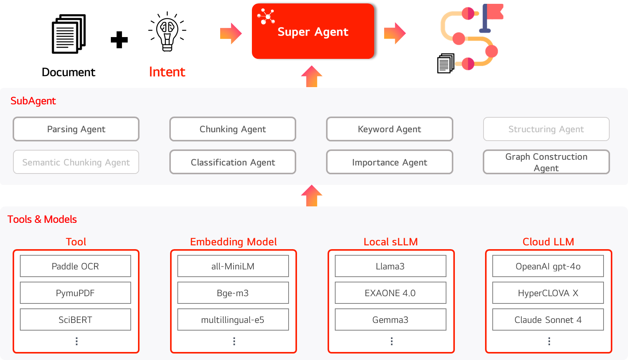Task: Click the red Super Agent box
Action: (x=313, y=31)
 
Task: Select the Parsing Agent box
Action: (x=76, y=129)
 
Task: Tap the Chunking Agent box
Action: (x=233, y=129)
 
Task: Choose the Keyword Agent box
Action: (x=389, y=129)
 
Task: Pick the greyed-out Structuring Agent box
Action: (x=546, y=129)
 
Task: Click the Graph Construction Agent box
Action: (x=546, y=162)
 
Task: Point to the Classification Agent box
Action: (x=233, y=162)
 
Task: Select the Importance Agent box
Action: (x=389, y=162)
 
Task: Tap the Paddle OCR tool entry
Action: (x=75, y=266)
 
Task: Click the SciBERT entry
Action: (x=75, y=319)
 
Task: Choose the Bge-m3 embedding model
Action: (x=233, y=293)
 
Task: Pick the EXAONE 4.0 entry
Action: (x=390, y=293)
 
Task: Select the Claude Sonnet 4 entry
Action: (x=548, y=319)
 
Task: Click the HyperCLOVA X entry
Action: (x=548, y=293)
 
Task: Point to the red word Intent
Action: (x=167, y=72)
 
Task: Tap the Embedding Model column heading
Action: (x=233, y=242)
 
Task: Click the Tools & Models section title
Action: (x=42, y=219)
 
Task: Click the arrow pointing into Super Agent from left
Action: (x=231, y=33)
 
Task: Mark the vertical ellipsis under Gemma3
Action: (x=391, y=341)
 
